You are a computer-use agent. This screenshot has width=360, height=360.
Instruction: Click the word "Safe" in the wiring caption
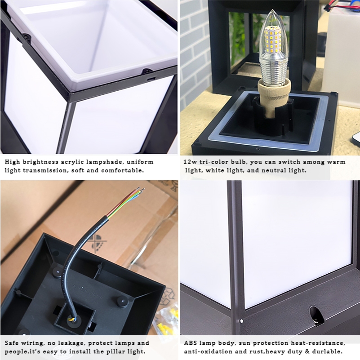coord(12,343)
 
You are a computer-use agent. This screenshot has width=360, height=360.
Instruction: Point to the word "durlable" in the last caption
coord(329,351)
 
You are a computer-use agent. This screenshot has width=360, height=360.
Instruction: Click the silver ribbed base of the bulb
coord(273,68)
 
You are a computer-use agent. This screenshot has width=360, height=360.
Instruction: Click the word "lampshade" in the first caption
coord(104,162)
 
